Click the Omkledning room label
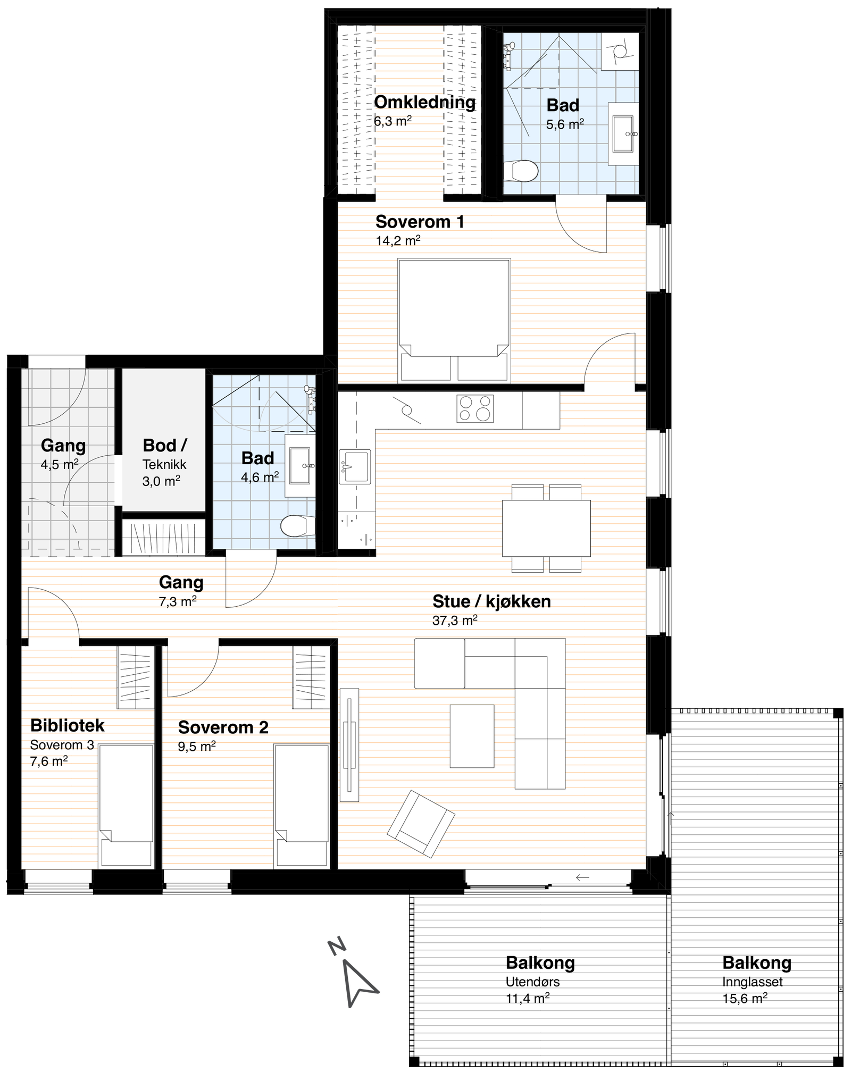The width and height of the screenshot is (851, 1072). click(x=424, y=102)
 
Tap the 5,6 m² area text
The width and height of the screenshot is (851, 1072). click(x=565, y=124)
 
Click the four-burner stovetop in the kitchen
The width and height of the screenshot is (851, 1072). click(x=474, y=408)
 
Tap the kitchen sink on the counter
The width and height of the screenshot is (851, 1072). click(x=355, y=467)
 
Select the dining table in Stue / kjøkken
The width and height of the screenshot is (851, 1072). click(x=546, y=527)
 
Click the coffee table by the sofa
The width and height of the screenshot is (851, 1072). click(x=472, y=736)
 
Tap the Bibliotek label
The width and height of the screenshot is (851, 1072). click(x=68, y=725)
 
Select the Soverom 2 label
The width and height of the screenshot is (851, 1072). click(x=223, y=727)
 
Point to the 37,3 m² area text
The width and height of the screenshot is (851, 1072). click(x=455, y=620)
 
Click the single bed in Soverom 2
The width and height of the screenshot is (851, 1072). click(x=301, y=806)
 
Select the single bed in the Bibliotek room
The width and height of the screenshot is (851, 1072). click(x=126, y=806)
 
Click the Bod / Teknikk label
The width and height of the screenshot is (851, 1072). click(x=164, y=455)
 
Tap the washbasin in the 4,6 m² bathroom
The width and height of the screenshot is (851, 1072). click(x=299, y=466)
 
